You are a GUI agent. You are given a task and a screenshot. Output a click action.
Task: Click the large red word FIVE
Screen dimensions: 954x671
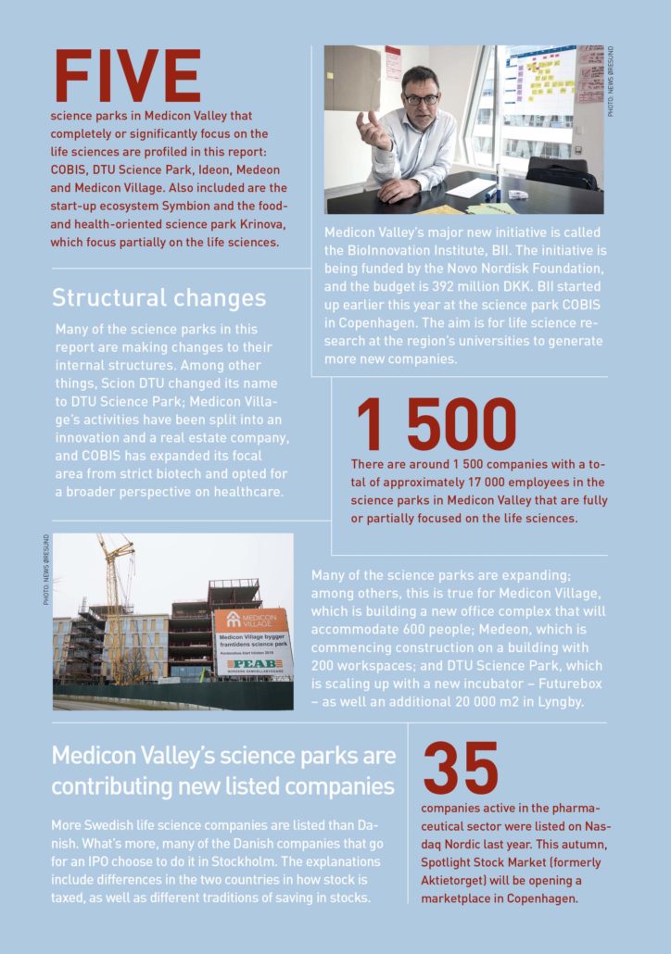pyautogui.click(x=128, y=77)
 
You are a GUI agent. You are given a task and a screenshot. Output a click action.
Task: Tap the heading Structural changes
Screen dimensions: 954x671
pyautogui.click(x=158, y=297)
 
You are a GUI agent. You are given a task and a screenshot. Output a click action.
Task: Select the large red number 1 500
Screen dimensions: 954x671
pyautogui.click(x=435, y=425)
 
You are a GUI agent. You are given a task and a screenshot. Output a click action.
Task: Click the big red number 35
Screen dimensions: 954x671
pyautogui.click(x=461, y=768)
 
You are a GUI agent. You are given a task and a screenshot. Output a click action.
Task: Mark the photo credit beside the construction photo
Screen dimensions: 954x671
pyautogui.click(x=45, y=569)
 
